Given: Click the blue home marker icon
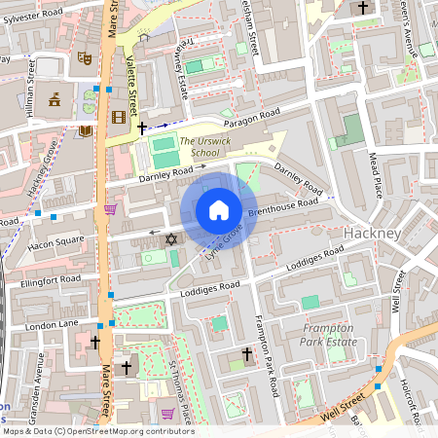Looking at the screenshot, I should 219,210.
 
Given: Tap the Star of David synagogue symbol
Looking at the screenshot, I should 172,238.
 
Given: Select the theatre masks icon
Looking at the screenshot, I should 85,58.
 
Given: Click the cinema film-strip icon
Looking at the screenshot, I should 119,118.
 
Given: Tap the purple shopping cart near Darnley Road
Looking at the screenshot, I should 111,208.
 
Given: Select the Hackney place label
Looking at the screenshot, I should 373,235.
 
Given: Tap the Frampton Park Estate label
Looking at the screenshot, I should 329,336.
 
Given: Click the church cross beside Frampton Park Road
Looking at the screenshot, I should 246,354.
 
